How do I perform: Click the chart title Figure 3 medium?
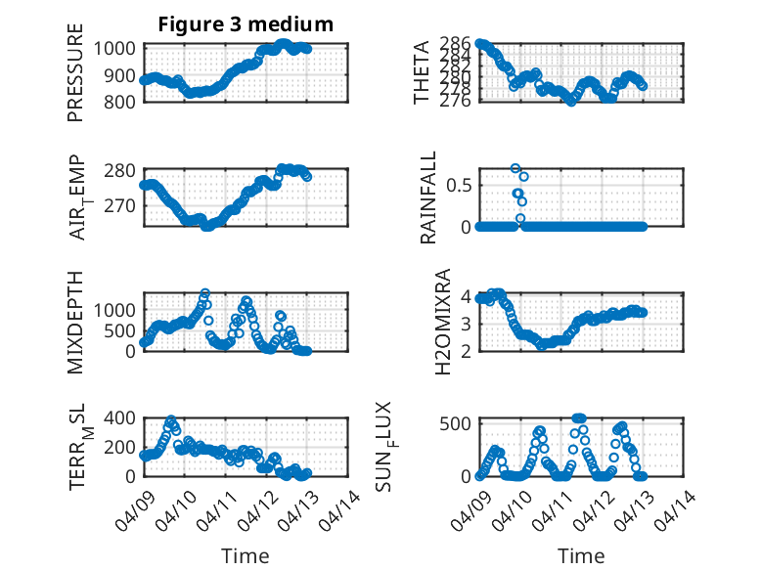(x=246, y=24)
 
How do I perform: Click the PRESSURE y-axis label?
(x=75, y=79)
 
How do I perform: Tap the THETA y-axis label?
(x=422, y=72)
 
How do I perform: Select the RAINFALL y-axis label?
(x=428, y=204)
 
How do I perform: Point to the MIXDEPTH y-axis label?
(x=75, y=322)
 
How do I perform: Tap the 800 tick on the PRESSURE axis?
(x=121, y=101)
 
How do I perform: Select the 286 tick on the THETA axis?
(x=456, y=44)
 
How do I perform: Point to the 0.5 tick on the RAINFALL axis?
(x=460, y=184)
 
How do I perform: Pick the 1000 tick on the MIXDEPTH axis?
(x=115, y=309)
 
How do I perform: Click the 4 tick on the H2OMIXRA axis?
(x=467, y=297)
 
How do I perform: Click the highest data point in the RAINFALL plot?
(x=515, y=168)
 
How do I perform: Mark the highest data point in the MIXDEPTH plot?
(x=205, y=293)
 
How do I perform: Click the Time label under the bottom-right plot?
(x=581, y=556)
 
